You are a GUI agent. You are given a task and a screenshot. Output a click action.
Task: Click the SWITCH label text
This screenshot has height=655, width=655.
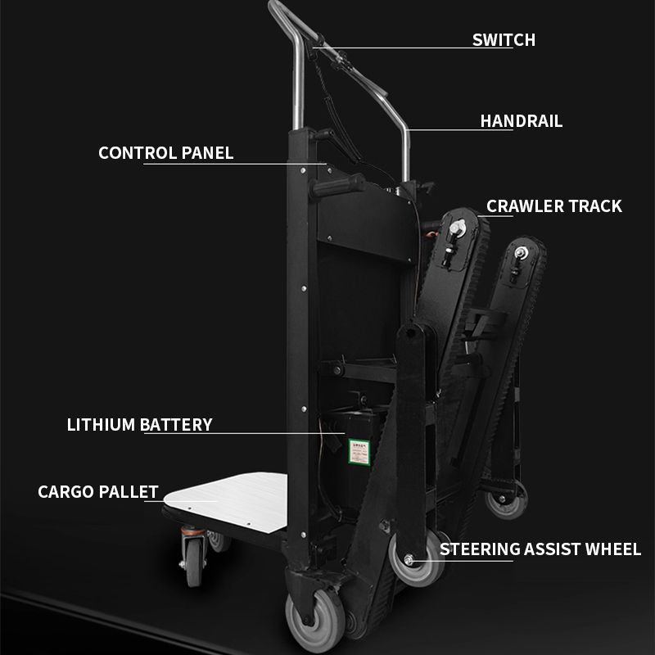504,39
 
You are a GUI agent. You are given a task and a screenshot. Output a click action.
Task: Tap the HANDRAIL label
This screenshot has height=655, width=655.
521,121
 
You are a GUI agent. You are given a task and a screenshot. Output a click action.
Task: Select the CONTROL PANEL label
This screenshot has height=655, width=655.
165,153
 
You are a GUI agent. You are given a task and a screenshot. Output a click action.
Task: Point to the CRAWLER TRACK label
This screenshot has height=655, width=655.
554,206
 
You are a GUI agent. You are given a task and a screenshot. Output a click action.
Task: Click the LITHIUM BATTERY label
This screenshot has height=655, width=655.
139,425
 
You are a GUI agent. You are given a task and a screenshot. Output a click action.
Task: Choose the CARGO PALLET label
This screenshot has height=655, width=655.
97,492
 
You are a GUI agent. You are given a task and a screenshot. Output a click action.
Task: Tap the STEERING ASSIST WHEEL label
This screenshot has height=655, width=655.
540,549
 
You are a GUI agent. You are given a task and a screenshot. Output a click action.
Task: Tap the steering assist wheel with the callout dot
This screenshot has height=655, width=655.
409,561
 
